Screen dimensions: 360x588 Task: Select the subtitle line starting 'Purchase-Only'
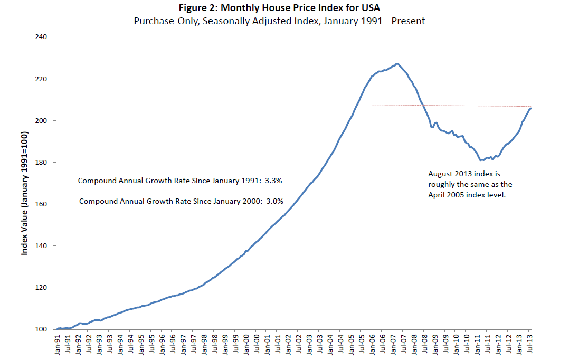(293, 22)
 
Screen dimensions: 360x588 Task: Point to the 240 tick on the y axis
(42, 37)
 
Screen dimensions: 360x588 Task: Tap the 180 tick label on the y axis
(42, 163)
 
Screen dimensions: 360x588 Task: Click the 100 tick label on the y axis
(42, 330)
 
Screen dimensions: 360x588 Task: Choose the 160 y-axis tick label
(42, 204)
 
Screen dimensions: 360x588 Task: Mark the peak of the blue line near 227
(397, 64)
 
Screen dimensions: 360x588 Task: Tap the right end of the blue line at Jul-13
(530, 108)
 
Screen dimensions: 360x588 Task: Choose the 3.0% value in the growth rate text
(274, 201)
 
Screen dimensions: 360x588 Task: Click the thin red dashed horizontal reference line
(449, 106)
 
